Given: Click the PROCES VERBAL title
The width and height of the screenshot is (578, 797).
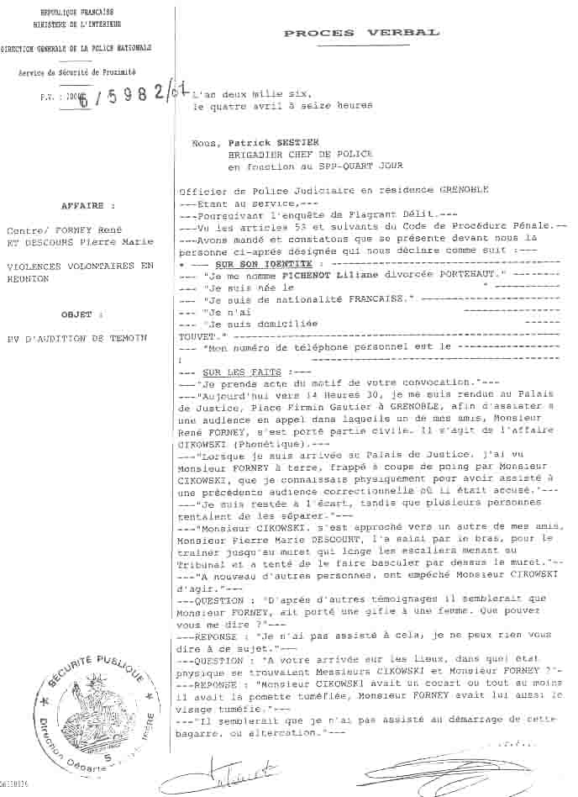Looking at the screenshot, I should coord(360,33).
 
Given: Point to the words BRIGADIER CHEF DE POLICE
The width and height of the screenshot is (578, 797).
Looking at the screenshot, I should coord(297,155).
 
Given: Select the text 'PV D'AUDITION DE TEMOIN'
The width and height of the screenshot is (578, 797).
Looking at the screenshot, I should coord(76,337).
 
